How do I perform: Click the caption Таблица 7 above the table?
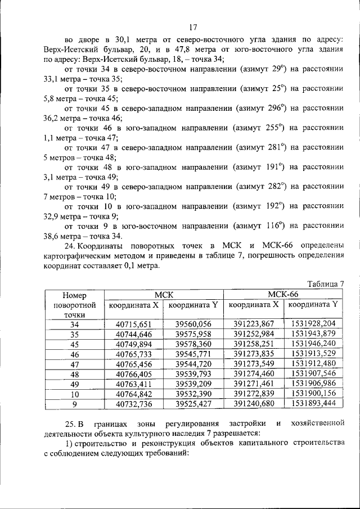pos(325,283)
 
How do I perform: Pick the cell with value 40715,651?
pos(134,323)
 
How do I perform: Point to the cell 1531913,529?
pos(313,354)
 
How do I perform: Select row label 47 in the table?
pos(75,364)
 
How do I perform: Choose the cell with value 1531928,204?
pos(313,323)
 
